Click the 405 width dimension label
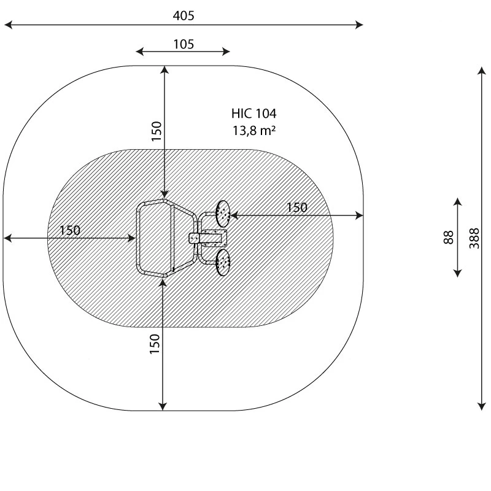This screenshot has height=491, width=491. coord(184,16)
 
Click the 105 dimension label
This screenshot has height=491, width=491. coord(184,44)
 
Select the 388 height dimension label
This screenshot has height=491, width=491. coord(474,238)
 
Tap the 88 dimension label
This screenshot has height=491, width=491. coord(449,238)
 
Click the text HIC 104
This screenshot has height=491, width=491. coord(254,114)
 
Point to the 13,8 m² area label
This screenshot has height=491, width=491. coord(254,131)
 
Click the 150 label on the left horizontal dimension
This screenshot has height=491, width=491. coord(70,231)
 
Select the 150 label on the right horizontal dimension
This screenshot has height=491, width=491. coord(297,207)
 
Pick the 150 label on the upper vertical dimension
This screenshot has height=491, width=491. coord(157,131)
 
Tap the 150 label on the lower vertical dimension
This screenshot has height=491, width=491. coord(155,344)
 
